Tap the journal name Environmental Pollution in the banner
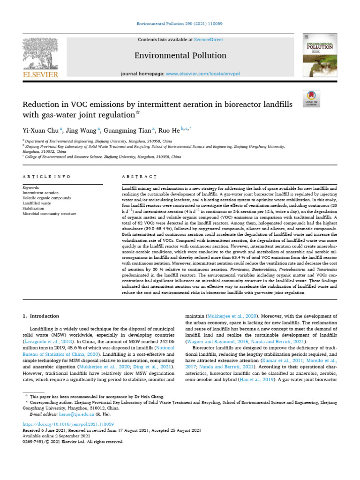pos(174,56)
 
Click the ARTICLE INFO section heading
pos(46,177)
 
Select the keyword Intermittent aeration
pos(41,192)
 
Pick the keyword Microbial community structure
pos(49,213)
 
